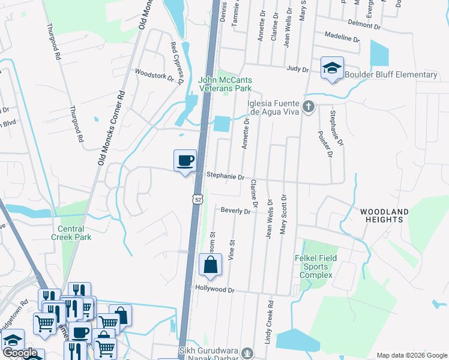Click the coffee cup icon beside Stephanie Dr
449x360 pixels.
pyautogui.click(x=185, y=161)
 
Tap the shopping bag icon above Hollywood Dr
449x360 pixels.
pyautogui.click(x=210, y=265)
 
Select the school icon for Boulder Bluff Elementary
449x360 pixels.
pyautogui.click(x=331, y=68)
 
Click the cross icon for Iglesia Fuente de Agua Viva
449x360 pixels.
pyautogui.click(x=309, y=107)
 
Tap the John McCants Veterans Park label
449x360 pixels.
pyautogui.click(x=225, y=85)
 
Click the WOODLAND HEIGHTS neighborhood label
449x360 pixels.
pyautogui.click(x=384, y=215)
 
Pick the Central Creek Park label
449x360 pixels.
pyautogui.click(x=74, y=233)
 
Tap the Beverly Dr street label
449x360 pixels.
pyautogui.click(x=235, y=211)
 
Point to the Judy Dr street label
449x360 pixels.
pyautogui.click(x=297, y=70)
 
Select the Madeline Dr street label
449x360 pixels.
pyautogui.click(x=341, y=38)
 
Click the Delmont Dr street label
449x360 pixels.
pyautogui.click(x=364, y=26)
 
